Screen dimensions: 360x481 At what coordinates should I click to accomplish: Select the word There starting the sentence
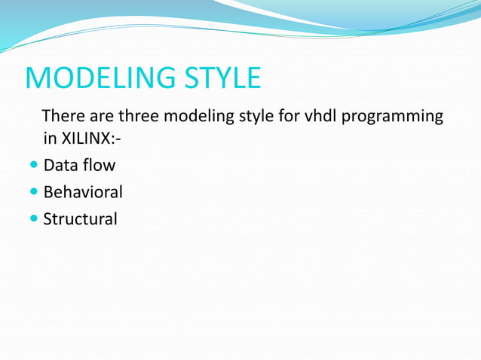coord(63,117)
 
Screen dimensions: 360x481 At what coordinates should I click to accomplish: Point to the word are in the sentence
coord(102,117)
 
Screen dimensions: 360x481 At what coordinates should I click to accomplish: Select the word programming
coord(394,117)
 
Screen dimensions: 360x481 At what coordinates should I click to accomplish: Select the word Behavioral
coord(83,192)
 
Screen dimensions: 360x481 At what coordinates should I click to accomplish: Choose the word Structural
coord(80,219)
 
